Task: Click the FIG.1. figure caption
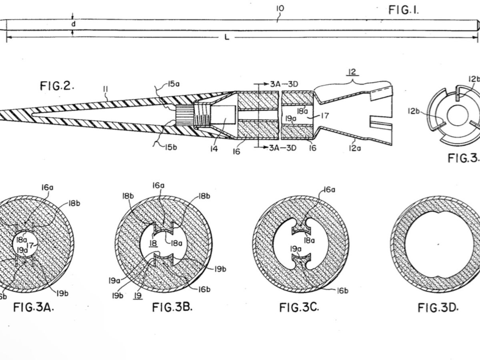[x=404, y=10]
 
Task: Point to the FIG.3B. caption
[x=172, y=307]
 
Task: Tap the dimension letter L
[x=227, y=38]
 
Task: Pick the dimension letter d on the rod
[x=73, y=24]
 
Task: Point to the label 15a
[x=175, y=84]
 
